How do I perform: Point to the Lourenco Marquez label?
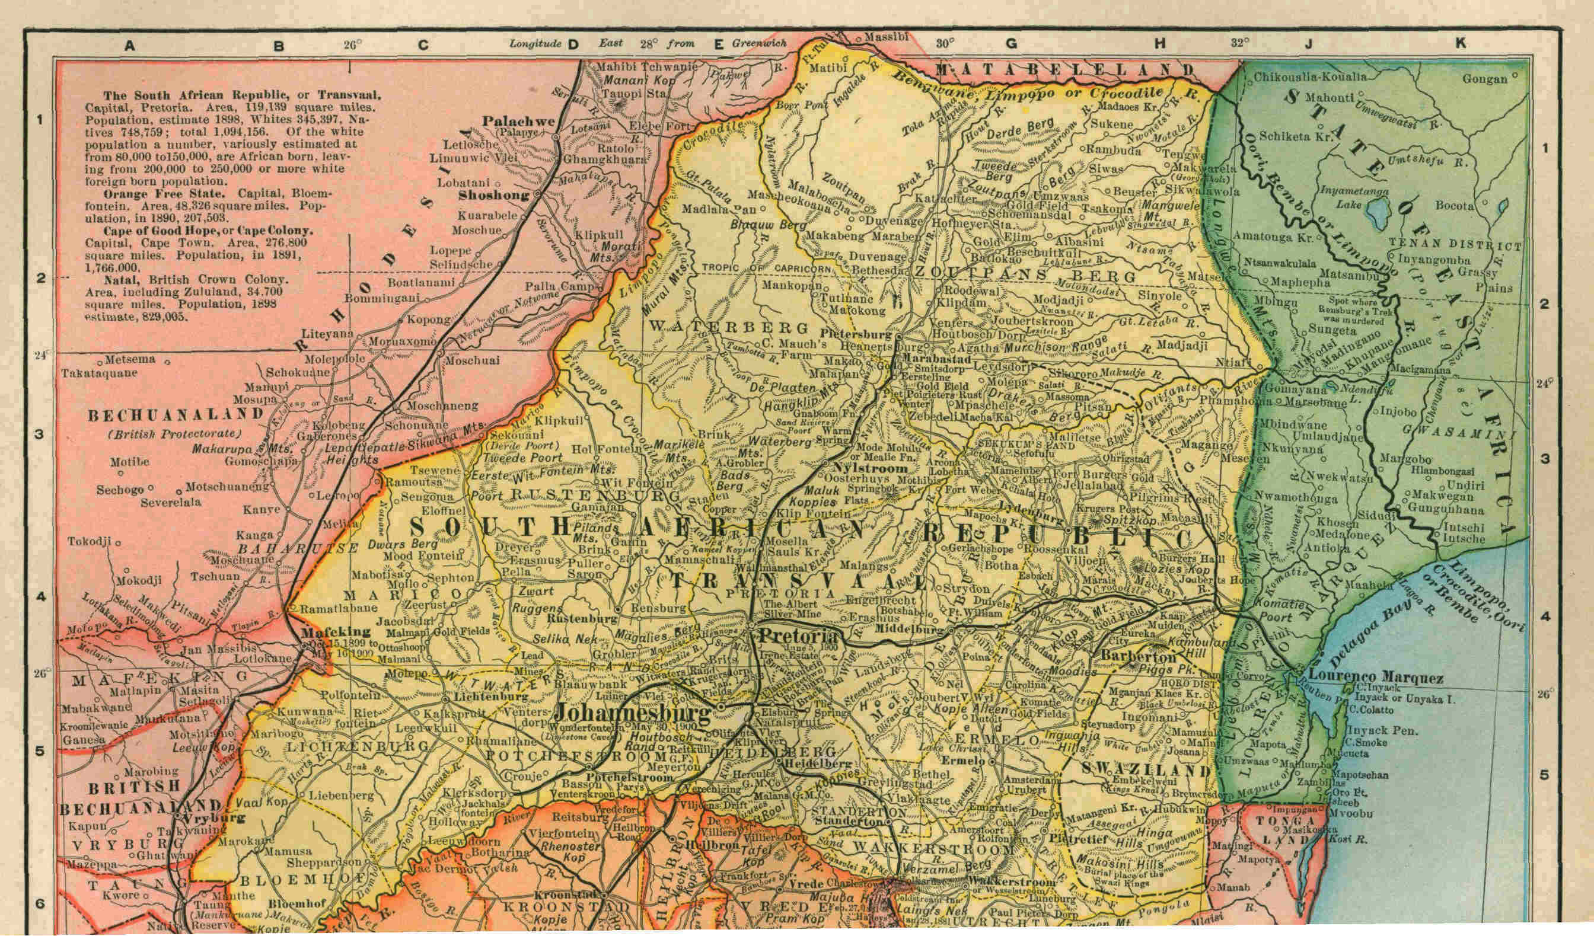(x=1375, y=679)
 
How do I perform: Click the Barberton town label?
(x=1130, y=655)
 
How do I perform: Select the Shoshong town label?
(x=493, y=196)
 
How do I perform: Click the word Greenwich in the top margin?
(x=760, y=44)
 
